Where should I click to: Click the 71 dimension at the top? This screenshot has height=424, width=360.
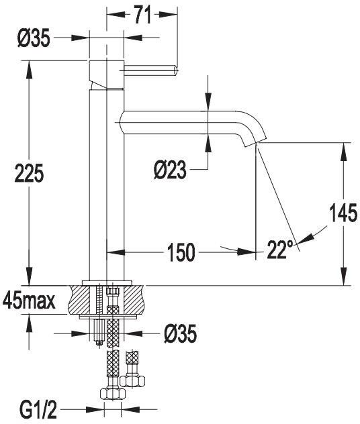142,15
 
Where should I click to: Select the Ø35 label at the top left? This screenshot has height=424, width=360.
34,38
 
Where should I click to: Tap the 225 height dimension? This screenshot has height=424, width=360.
29,173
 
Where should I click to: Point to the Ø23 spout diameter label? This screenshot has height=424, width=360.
170,170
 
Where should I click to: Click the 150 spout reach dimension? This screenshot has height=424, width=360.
181,252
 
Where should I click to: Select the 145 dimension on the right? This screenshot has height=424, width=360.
343,213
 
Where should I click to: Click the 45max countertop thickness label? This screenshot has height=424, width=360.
29,301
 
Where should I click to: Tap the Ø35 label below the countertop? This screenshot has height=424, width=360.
180,333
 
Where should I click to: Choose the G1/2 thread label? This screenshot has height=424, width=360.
38,411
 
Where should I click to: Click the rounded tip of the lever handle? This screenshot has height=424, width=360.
176,70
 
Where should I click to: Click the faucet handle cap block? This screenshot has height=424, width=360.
107,74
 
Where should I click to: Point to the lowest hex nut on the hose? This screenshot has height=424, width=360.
112,394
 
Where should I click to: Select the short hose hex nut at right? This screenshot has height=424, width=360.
132,381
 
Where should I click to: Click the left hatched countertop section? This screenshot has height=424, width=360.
81,300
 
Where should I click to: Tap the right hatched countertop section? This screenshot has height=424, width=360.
134,300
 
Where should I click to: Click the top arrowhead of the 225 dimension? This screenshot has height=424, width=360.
29,69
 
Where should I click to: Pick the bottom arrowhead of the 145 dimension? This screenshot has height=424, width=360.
344,276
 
